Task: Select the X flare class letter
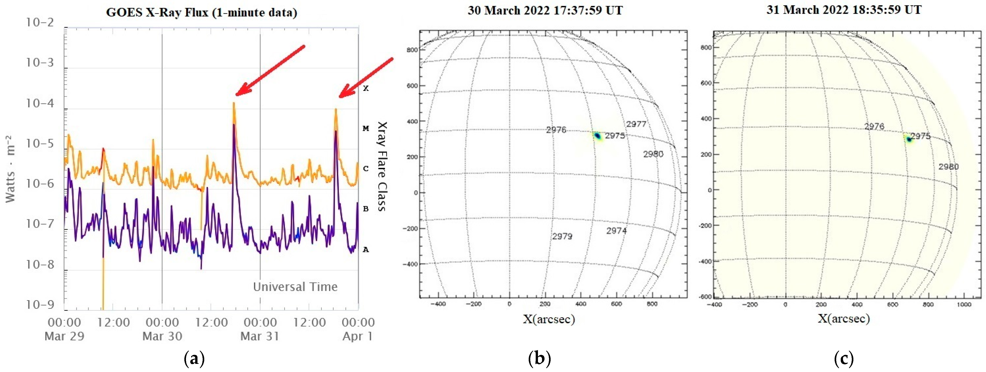pos(366,88)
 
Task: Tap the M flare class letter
pos(366,129)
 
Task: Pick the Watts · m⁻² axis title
pos(11,168)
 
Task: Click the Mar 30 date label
pos(162,336)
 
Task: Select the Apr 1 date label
pos(357,336)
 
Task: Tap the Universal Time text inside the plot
pos(295,287)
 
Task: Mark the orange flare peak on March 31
pos(336,110)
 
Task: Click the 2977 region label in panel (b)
pos(636,124)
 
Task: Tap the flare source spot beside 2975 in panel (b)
pos(597,136)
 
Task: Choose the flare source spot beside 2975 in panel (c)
pos(909,139)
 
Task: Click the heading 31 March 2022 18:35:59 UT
pos(844,10)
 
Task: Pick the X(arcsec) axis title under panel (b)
pos(549,319)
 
